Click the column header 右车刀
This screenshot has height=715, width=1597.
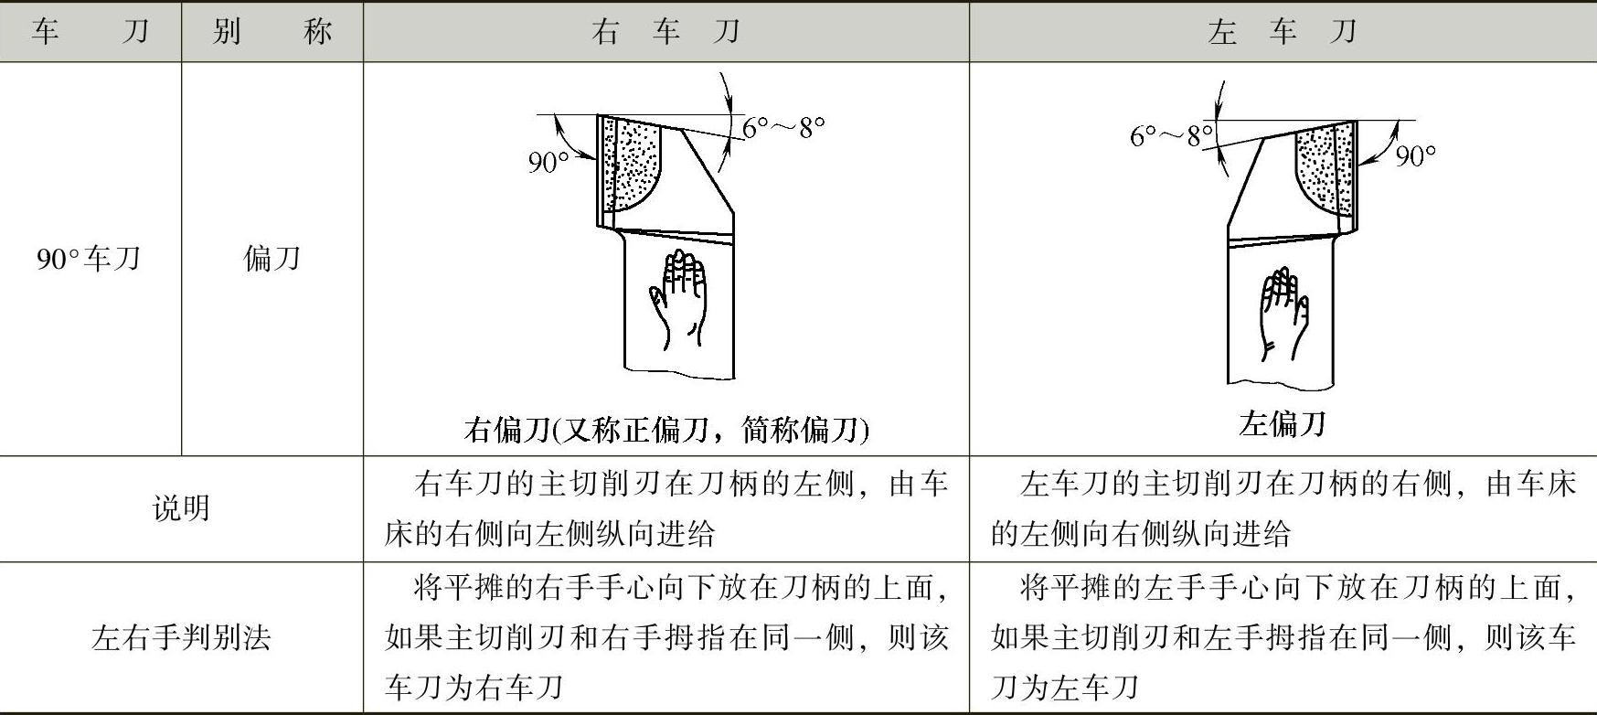665,32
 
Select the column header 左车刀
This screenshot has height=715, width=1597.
1282,32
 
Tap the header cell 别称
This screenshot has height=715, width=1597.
271,32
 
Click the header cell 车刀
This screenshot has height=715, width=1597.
90,32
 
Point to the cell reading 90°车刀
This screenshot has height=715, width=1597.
89,259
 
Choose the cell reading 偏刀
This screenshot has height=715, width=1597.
271,259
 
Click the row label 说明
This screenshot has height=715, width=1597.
181,508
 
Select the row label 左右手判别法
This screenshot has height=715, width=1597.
181,637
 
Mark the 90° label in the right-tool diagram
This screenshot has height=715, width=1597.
548,162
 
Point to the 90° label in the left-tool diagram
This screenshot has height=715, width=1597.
1415,156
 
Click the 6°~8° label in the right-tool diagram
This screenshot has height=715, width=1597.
783,127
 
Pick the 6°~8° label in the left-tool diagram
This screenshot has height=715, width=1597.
1171,136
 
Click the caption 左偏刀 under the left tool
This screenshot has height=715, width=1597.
1282,423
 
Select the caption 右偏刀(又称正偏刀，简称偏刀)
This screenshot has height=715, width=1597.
665,429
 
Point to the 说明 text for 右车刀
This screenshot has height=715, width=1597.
665,508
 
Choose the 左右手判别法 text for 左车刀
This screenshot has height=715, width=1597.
1282,637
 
